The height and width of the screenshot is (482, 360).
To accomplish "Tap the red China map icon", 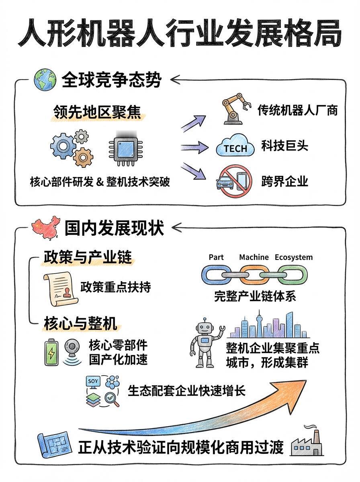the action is click(45, 229).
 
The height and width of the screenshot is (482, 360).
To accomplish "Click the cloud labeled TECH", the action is click(235, 147).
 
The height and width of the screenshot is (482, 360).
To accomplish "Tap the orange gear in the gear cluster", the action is click(84, 157).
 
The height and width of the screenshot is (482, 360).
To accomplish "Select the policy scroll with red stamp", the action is click(59, 287).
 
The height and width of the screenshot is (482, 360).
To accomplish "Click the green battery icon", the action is click(51, 353).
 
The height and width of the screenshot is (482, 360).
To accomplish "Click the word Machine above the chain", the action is click(254, 257).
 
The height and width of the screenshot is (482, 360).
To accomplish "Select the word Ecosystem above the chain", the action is click(294, 257).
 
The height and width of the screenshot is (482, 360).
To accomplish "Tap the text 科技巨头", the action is click(284, 145).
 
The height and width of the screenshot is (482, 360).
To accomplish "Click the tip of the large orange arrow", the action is click(304, 385).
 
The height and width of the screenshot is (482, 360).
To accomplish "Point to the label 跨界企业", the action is click(284, 182).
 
